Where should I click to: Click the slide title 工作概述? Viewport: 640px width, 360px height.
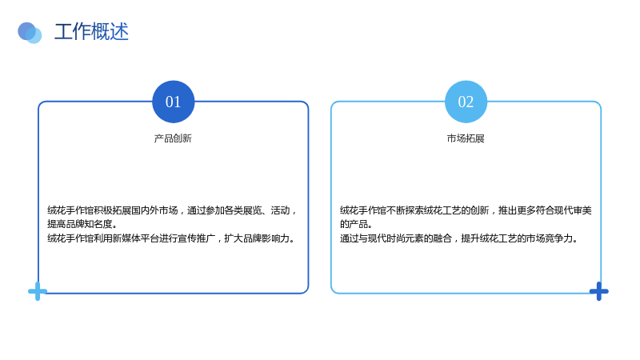pyautogui.click(x=91, y=31)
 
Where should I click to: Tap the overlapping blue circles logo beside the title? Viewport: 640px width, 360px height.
pyautogui.click(x=30, y=33)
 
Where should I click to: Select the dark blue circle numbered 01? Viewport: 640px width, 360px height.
pyautogui.click(x=173, y=102)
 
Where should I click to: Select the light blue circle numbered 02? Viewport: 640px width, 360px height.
pyautogui.click(x=466, y=102)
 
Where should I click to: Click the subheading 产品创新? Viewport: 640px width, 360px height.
pyautogui.click(x=173, y=138)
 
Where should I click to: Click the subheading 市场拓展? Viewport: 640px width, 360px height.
pyautogui.click(x=466, y=138)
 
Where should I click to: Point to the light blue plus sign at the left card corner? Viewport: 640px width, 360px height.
pyautogui.click(x=38, y=291)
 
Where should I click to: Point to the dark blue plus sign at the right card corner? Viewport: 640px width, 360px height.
pyautogui.click(x=598, y=291)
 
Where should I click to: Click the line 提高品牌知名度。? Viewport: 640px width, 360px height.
pyautogui.click(x=82, y=224)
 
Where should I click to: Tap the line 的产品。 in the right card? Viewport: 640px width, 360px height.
pyautogui.click(x=356, y=224)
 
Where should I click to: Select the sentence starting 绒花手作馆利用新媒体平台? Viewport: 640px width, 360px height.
pyautogui.click(x=171, y=238)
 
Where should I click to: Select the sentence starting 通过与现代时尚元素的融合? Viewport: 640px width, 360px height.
pyautogui.click(x=458, y=238)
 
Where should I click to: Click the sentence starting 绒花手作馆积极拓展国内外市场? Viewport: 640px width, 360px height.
pyautogui.click(x=171, y=217)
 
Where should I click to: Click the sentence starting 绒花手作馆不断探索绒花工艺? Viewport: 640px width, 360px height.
pyautogui.click(x=466, y=217)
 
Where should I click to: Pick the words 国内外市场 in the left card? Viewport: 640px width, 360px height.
pyautogui.click(x=154, y=210)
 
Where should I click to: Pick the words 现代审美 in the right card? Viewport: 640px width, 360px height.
pyautogui.click(x=573, y=210)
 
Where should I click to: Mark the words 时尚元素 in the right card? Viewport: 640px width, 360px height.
pyautogui.click(x=405, y=238)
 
